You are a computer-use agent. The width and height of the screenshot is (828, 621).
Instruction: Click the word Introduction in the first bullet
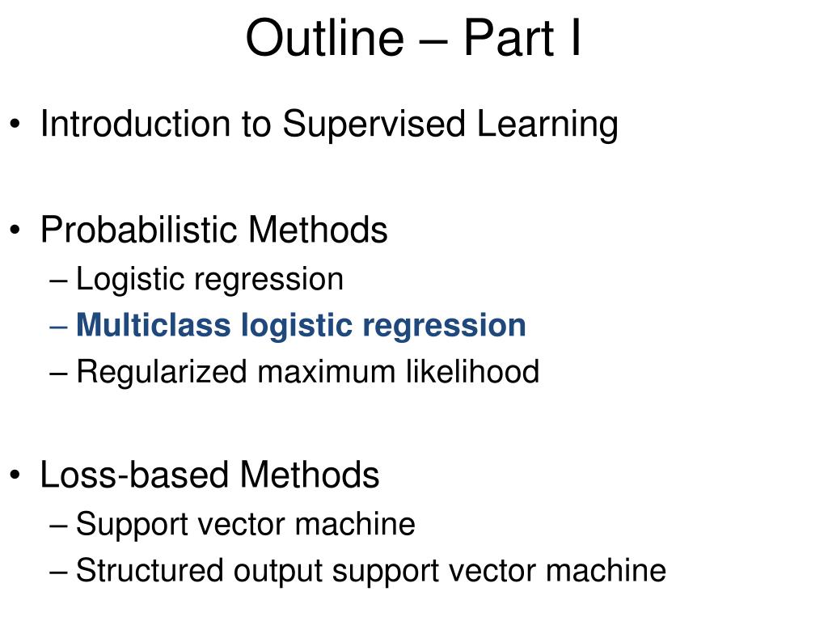pyautogui.click(x=136, y=124)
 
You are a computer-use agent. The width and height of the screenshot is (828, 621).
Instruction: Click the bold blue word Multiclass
pyautogui.click(x=154, y=324)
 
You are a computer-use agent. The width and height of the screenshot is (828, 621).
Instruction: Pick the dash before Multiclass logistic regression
pyautogui.click(x=58, y=327)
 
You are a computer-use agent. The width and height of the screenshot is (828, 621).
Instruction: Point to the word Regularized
pyautogui.click(x=162, y=372)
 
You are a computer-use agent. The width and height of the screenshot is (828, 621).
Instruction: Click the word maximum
pyautogui.click(x=327, y=373)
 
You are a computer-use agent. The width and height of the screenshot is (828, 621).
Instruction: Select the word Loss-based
pyautogui.click(x=134, y=474)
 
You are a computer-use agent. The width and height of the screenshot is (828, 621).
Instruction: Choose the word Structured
pyautogui.click(x=150, y=570)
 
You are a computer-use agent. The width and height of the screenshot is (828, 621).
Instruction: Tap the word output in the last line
pyautogui.click(x=278, y=572)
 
